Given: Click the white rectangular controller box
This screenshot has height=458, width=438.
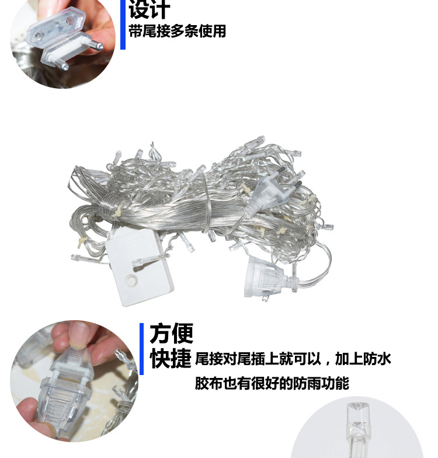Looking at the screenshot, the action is (x=140, y=266).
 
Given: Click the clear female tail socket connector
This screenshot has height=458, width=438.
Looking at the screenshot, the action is (x=272, y=278).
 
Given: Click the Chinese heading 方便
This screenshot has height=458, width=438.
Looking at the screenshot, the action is (x=172, y=333).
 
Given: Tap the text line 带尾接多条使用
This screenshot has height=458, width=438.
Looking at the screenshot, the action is (x=178, y=32).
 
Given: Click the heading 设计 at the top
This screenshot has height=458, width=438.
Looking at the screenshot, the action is (x=150, y=9).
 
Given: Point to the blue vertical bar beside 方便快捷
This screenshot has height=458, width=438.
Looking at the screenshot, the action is (x=141, y=349).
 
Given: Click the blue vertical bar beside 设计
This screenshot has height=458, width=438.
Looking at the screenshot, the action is (x=123, y=25).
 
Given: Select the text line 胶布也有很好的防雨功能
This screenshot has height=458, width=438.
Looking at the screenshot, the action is (x=272, y=383).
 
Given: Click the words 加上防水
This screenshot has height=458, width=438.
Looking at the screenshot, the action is (x=363, y=359).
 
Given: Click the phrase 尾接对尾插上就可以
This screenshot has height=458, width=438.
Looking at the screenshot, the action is (x=258, y=359).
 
